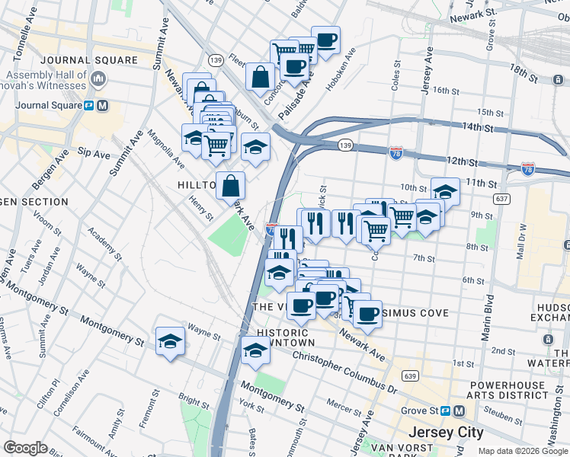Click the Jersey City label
pos(446,432)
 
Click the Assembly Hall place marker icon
pos(98,78)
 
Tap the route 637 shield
pos(501,199)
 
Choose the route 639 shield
pos(411,376)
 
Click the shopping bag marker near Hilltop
pos(230,185)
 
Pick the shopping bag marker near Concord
pos(261,76)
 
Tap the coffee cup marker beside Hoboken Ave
pos(325,40)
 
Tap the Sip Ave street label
pos(94,153)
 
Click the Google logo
pos(26,448)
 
